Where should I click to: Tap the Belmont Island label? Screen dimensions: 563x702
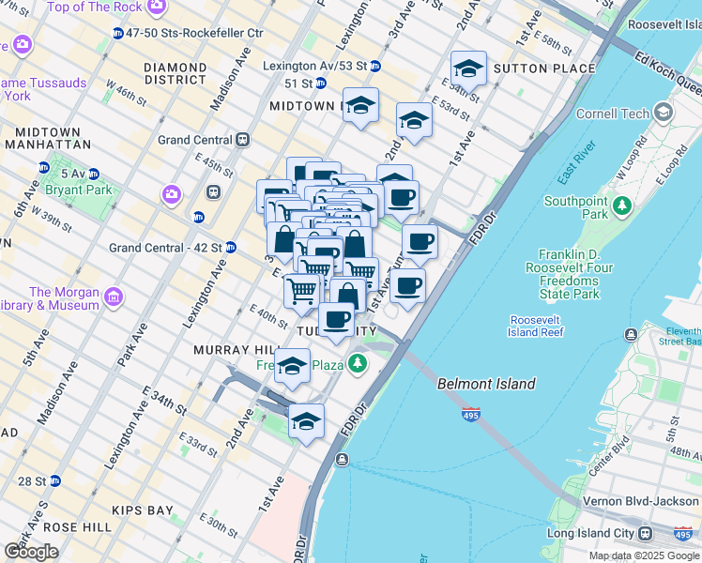(486, 384)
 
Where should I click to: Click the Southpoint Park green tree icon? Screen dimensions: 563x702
(620, 204)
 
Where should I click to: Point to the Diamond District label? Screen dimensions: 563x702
(175, 73)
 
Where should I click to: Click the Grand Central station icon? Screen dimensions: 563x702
(243, 140)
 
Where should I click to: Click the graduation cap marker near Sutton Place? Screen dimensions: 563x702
(468, 69)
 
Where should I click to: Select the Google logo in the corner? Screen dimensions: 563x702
(31, 552)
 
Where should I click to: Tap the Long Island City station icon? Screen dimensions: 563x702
(646, 533)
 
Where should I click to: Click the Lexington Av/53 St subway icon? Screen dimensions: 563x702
(374, 67)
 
